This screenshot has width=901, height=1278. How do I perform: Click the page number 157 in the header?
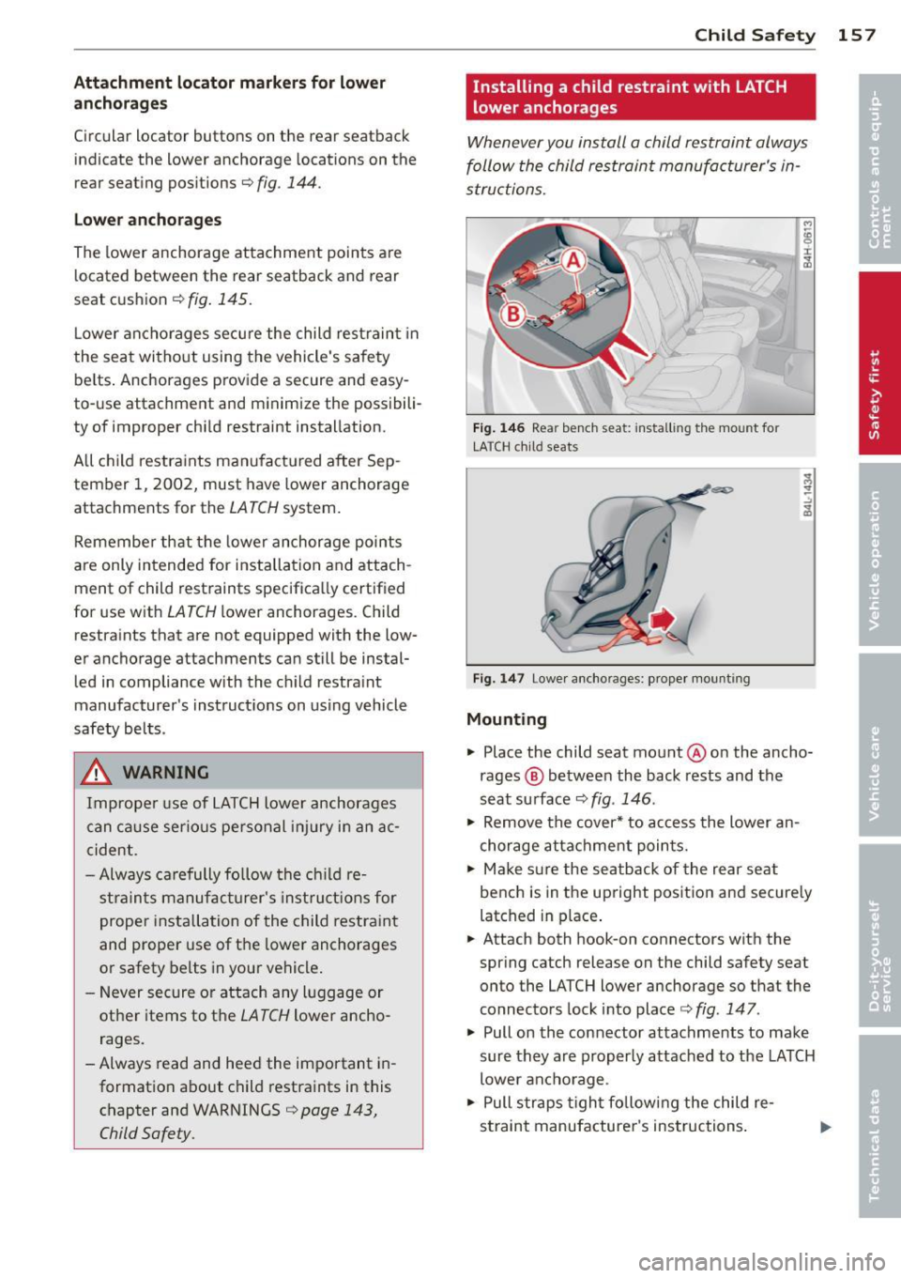[856, 36]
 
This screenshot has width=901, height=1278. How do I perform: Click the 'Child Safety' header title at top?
[755, 36]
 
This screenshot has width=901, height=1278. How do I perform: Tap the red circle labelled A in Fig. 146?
[573, 261]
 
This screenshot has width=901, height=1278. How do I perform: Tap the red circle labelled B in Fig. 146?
[513, 314]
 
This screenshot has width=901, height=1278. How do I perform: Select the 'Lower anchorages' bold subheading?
[147, 220]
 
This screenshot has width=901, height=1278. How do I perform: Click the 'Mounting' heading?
[506, 719]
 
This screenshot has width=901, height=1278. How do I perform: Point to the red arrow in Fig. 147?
[663, 620]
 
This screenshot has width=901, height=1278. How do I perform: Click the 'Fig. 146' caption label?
[498, 428]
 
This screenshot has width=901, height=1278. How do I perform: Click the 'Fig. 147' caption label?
[498, 679]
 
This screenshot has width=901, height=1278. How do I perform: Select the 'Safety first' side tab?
[878, 364]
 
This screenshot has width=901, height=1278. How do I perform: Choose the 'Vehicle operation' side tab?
[878, 558]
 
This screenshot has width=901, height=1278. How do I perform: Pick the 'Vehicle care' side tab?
[878, 747]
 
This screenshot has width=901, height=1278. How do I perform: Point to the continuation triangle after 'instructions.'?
[825, 1127]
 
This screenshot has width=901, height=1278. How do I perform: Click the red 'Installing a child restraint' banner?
[640, 97]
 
